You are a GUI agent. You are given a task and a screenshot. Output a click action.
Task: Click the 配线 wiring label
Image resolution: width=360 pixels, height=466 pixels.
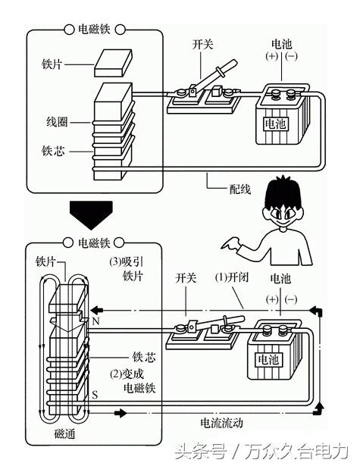[224, 185]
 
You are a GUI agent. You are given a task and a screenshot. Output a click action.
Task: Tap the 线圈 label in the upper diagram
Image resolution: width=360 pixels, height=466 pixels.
[58, 121]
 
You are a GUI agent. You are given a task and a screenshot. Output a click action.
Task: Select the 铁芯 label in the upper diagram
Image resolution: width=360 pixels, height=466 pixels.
[58, 151]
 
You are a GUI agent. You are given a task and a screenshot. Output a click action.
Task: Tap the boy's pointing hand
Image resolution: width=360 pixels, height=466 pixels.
[228, 244]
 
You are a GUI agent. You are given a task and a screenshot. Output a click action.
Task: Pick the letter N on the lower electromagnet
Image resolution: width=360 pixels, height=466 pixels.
[95, 322]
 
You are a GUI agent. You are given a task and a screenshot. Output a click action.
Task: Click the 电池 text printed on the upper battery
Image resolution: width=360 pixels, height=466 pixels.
[275, 121]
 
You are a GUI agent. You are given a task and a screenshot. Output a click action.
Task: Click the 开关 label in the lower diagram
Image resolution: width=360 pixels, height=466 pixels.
[186, 279]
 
